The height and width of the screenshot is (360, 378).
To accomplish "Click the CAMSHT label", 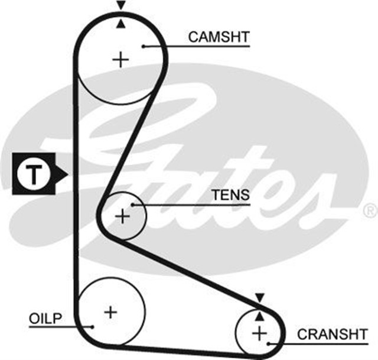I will pos(219,37).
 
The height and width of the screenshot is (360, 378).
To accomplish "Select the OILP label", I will pos(44,319).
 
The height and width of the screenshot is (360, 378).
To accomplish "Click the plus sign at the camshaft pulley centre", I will pos(120,59).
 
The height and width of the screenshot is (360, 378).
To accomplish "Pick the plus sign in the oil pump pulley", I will pos(110,311).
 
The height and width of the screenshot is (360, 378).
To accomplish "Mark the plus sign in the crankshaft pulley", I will pos(259,333).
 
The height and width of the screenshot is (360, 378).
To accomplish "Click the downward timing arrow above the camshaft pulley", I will pos(121,5).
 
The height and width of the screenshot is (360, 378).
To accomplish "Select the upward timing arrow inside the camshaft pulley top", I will pos(121,24).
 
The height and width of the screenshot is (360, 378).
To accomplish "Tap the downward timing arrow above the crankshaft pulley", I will pos(259,297).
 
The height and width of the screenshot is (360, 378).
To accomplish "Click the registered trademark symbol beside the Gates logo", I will pos(370,210).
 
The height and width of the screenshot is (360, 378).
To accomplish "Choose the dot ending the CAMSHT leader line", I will pos(144,46).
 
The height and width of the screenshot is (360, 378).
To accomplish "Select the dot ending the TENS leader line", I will pos(134,205).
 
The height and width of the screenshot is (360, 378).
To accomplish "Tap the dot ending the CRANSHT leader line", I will pos(269,342).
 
